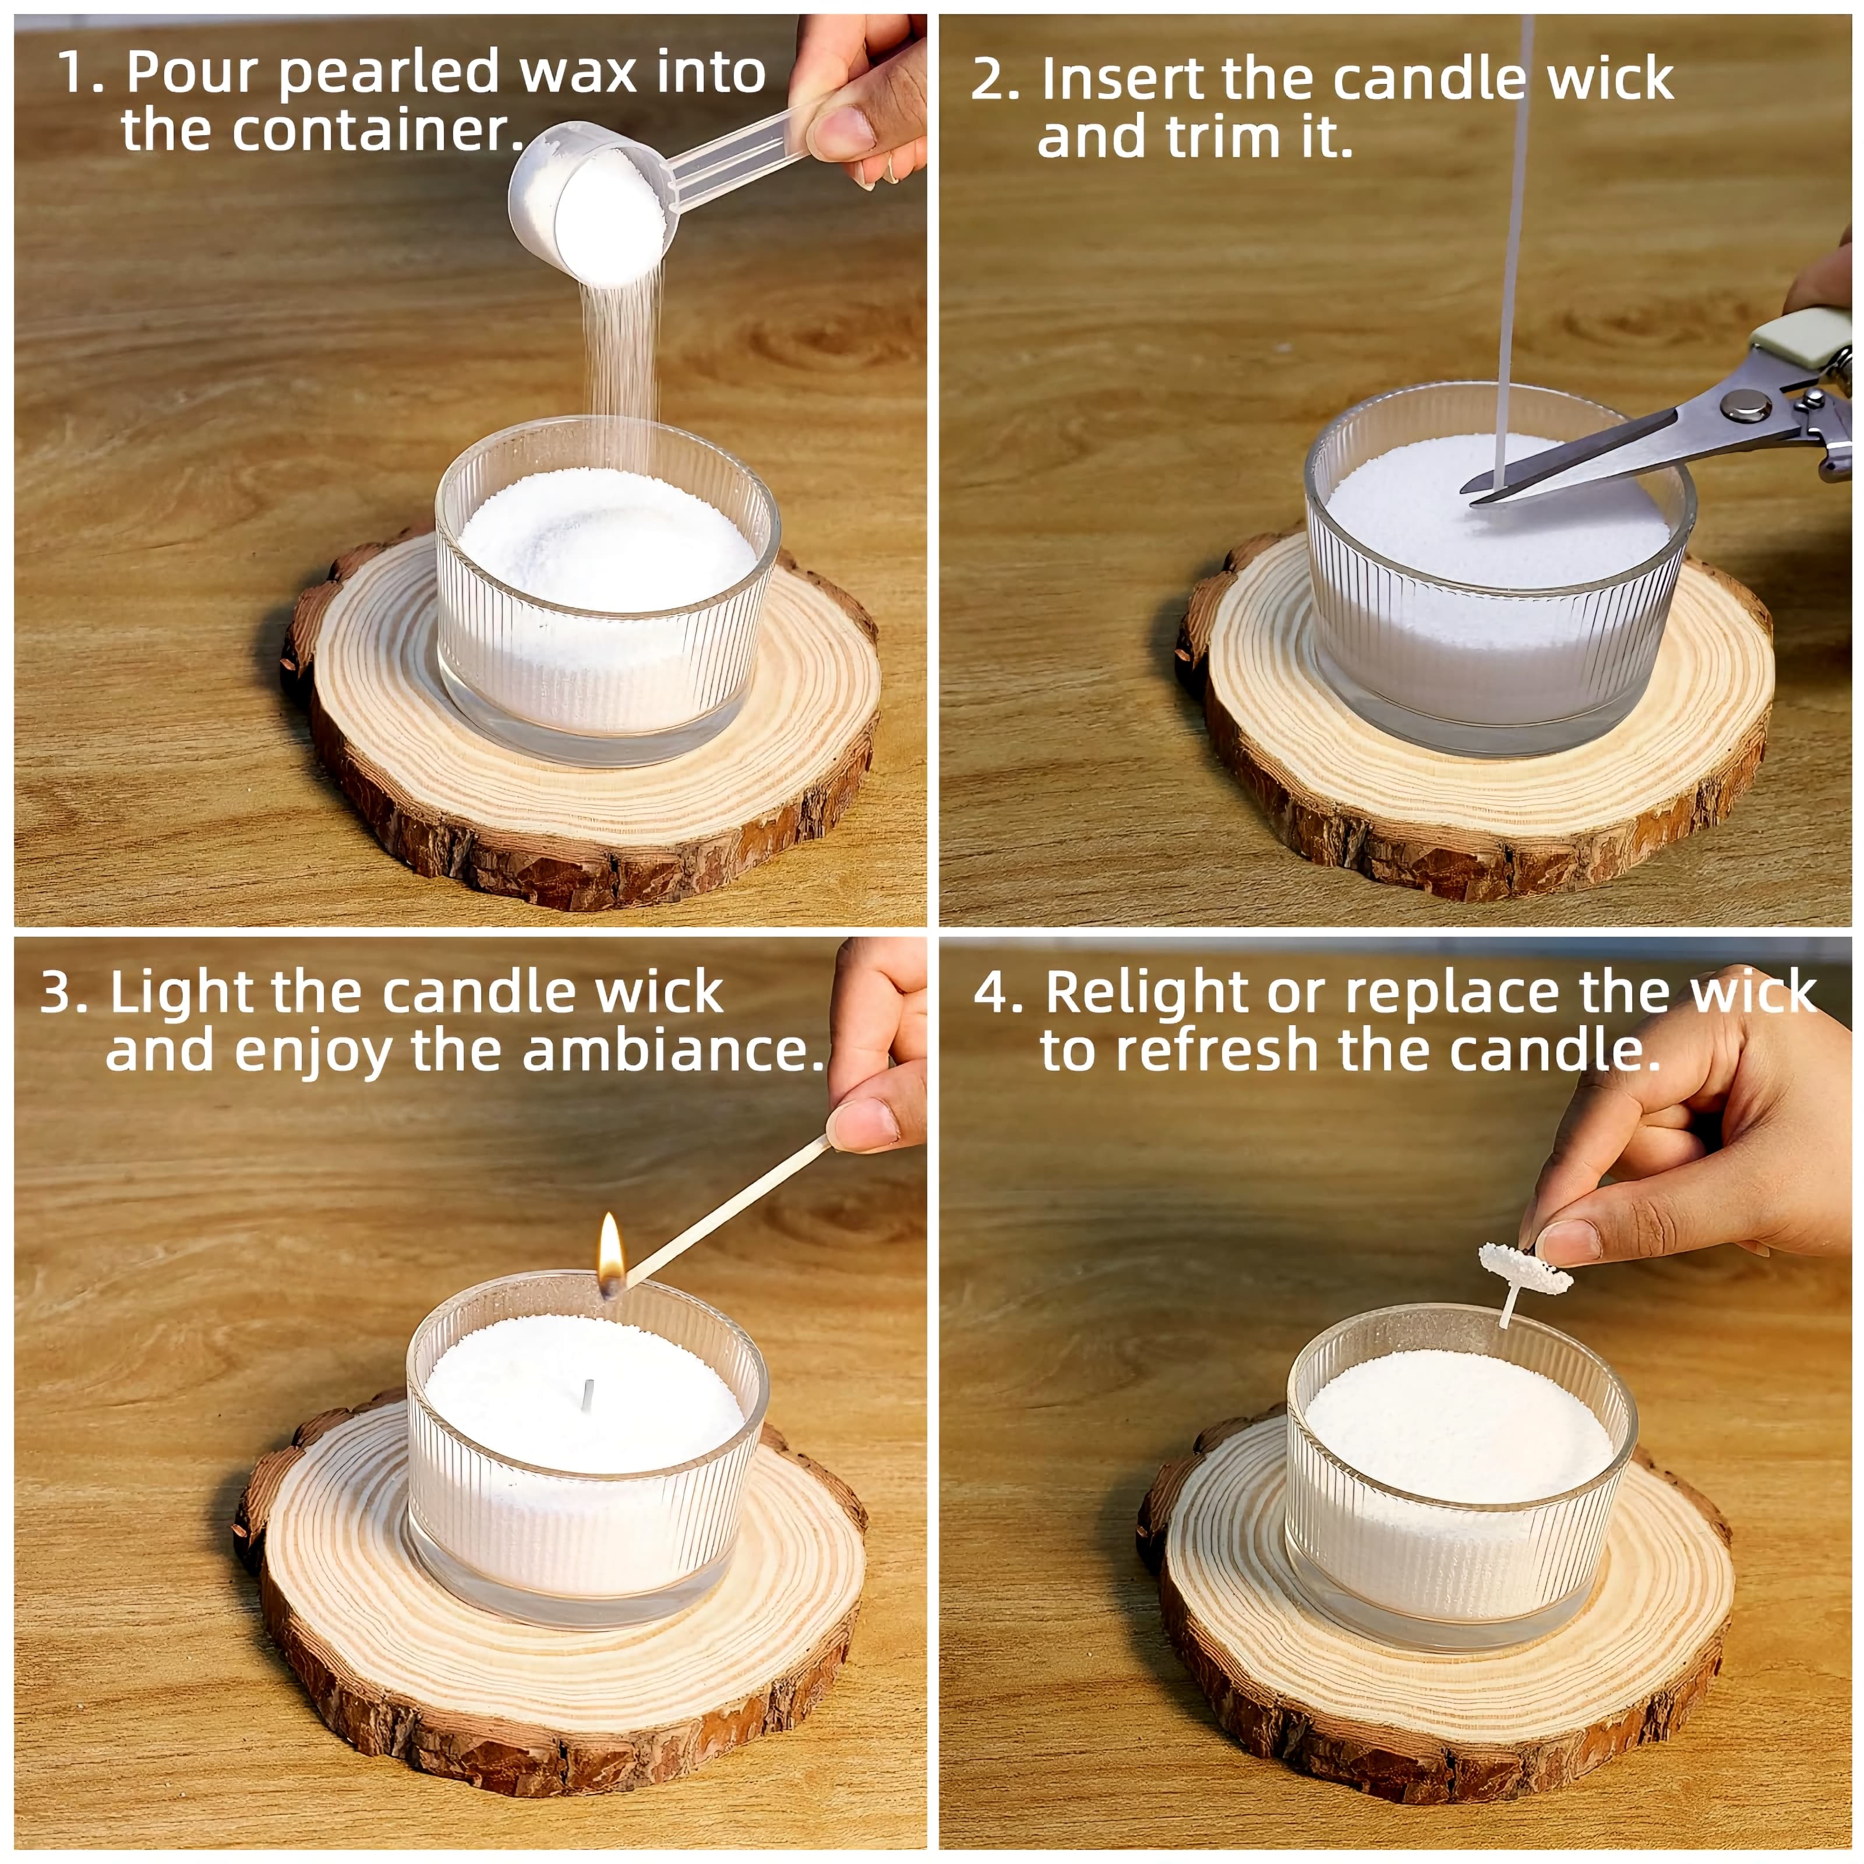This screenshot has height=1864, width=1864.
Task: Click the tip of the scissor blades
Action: click(1476, 498)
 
